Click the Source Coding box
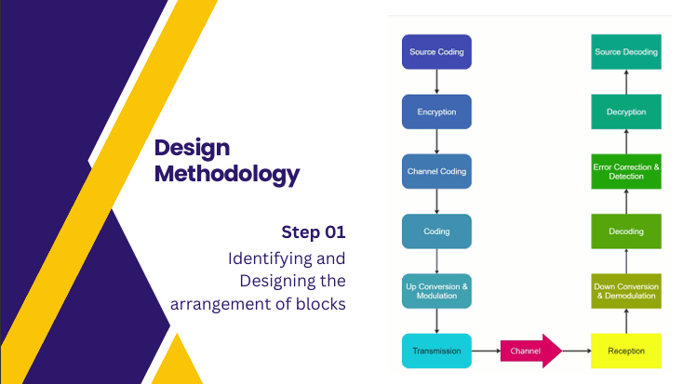click(436, 52)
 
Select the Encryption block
click(436, 112)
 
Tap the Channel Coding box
click(436, 172)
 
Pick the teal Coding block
click(436, 232)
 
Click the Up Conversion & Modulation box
click(436, 291)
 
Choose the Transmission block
click(436, 351)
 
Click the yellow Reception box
click(625, 351)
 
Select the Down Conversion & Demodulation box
click(625, 291)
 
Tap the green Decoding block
click(625, 232)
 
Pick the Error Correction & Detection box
click(625, 172)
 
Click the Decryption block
click(625, 112)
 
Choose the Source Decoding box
click(625, 52)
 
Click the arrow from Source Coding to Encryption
click(436, 82)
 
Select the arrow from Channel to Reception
click(577, 351)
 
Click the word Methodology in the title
click(227, 174)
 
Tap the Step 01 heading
click(314, 231)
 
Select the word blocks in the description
click(322, 303)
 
